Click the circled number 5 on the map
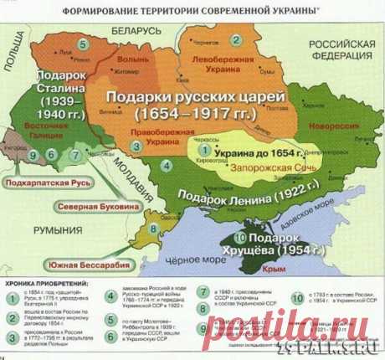click(x=82, y=43)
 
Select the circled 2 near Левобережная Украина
click(x=237, y=39)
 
